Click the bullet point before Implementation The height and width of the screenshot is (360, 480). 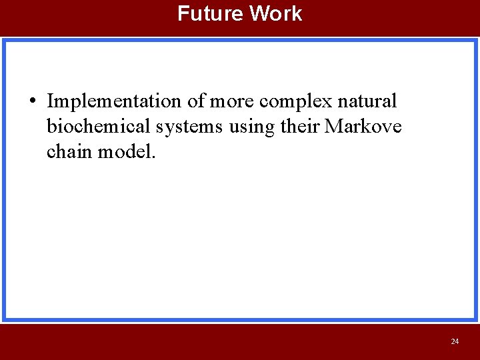click(33, 102)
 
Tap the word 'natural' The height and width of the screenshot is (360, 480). click(367, 101)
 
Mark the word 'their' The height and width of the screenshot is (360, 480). click(299, 127)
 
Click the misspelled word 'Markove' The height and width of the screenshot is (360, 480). click(363, 127)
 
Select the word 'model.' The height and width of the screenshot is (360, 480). click(127, 152)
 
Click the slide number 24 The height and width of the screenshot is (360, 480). click(455, 341)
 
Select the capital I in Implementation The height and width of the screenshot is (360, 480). click(51, 101)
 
